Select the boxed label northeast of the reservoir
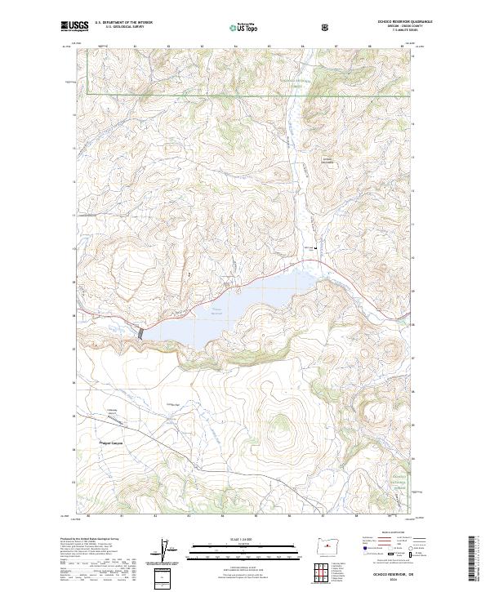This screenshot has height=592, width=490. pyautogui.click(x=328, y=159)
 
